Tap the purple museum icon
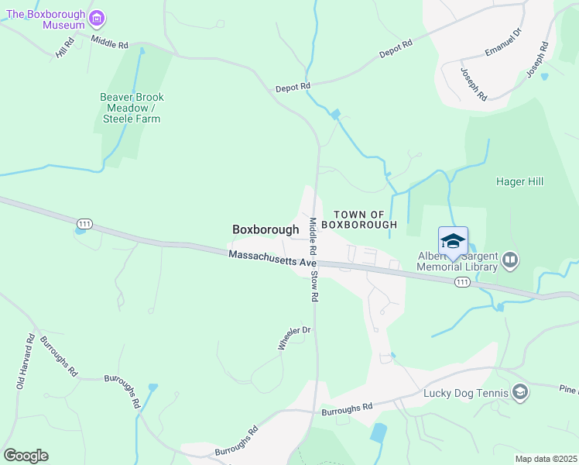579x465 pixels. pyautogui.click(x=96, y=18)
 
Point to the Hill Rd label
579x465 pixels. pyautogui.click(x=63, y=49)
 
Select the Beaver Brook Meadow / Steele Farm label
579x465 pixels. pyautogui.click(x=132, y=108)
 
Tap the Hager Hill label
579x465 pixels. pyautogui.click(x=520, y=181)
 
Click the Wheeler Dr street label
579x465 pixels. pyautogui.click(x=294, y=337)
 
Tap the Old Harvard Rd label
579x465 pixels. pyautogui.click(x=26, y=361)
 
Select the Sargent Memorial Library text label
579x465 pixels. pyautogui.click(x=456, y=262)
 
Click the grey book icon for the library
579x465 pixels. pyautogui.click(x=510, y=259)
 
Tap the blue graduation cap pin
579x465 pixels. pyautogui.click(x=453, y=241)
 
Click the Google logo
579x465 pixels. pyautogui.click(x=26, y=455)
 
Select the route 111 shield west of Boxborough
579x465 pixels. pyautogui.click(x=85, y=224)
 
